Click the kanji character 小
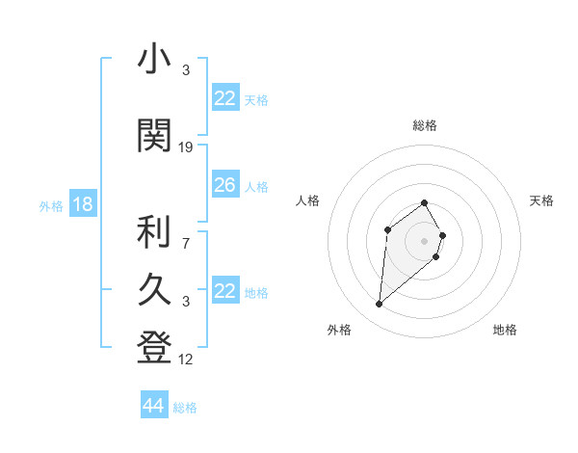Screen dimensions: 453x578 click(x=155, y=60)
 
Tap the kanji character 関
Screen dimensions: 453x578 click(x=155, y=136)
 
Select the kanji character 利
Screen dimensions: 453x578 click(x=155, y=231)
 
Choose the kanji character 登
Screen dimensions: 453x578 click(x=155, y=348)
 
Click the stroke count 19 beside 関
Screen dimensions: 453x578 click(x=186, y=147)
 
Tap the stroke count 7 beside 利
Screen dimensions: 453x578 click(x=186, y=243)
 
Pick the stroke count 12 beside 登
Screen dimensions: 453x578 click(x=186, y=360)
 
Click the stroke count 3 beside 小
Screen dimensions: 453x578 click(x=186, y=71)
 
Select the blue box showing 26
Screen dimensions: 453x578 click(x=224, y=185)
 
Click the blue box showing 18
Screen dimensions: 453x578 click(x=82, y=204)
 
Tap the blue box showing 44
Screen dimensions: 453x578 click(x=153, y=406)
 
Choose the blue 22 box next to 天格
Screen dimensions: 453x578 click(x=224, y=98)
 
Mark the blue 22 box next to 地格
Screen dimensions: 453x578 click(x=224, y=291)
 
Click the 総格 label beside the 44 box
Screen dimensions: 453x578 click(x=185, y=408)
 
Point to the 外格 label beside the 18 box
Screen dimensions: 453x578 click(x=51, y=206)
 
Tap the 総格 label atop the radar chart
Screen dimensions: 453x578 click(x=425, y=125)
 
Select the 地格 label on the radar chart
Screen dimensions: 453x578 click(x=505, y=331)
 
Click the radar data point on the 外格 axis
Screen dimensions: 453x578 click(x=380, y=305)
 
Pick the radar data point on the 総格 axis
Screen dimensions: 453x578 click(x=425, y=203)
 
